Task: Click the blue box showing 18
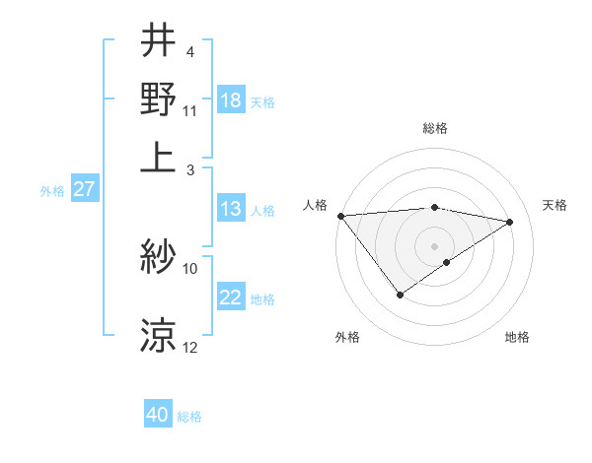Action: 231,100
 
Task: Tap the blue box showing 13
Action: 230,210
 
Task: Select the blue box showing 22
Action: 231,298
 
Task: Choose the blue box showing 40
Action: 158,416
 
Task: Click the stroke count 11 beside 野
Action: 190,109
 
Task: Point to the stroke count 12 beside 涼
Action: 190,348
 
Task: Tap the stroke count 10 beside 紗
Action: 190,268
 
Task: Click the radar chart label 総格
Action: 435,128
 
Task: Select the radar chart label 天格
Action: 555,205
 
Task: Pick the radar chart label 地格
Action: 517,338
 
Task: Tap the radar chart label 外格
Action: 347,338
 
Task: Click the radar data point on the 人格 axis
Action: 340,216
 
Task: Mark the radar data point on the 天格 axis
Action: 510,222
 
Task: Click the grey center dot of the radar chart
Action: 435,245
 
